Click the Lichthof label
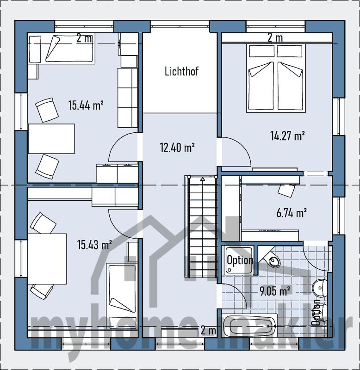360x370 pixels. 181,71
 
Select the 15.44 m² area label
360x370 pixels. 86,105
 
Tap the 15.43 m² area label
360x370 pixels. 94,245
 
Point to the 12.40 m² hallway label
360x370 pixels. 177,148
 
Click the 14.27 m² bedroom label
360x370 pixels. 287,136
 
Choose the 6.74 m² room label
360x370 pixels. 292,213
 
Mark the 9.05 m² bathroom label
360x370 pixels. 275,291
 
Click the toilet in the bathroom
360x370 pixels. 270,259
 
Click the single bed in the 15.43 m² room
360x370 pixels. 122,296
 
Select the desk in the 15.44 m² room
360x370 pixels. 51,139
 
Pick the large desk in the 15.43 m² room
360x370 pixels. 47,259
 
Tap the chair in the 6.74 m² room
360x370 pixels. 286,190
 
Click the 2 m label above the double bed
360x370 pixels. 275,38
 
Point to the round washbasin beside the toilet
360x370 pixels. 320,287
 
